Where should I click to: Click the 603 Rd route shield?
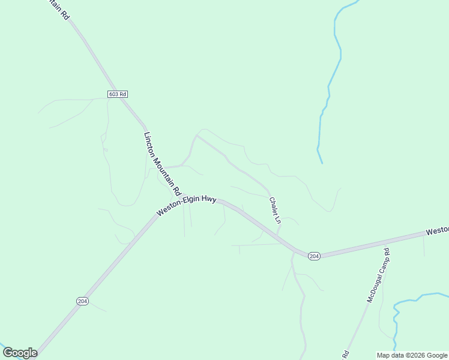click(x=118, y=94)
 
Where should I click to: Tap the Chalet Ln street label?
click(x=275, y=211)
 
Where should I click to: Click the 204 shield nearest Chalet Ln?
click(x=314, y=256)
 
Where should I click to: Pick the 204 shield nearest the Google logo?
click(x=83, y=301)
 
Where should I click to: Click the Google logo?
click(x=20, y=353)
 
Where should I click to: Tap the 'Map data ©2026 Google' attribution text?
click(x=412, y=355)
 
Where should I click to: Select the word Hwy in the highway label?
click(x=208, y=200)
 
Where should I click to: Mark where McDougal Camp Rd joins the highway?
click(x=388, y=241)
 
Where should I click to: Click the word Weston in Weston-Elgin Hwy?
click(x=169, y=211)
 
